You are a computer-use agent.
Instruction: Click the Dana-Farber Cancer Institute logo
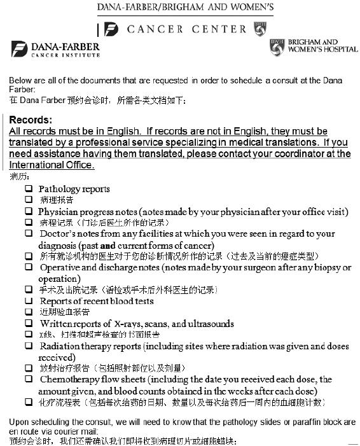coord(55,49)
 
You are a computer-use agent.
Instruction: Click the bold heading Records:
coord(31,120)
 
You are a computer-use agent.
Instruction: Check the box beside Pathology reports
coord(29,189)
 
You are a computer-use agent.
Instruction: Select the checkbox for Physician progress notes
coord(29,211)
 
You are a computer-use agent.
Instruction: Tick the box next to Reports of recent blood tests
coord(29,301)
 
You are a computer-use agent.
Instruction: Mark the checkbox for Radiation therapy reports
coord(29,345)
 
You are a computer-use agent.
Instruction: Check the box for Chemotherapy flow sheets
coord(29,379)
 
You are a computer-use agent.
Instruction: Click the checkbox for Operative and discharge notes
coord(29,267)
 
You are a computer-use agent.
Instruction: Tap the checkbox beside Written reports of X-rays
coord(29,323)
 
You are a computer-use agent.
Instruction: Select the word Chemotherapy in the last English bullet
coord(68,379)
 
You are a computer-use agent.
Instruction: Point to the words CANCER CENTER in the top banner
coord(186,29)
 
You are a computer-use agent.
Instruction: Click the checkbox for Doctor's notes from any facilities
coord(29,233)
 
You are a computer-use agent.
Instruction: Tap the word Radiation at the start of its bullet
coord(59,346)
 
